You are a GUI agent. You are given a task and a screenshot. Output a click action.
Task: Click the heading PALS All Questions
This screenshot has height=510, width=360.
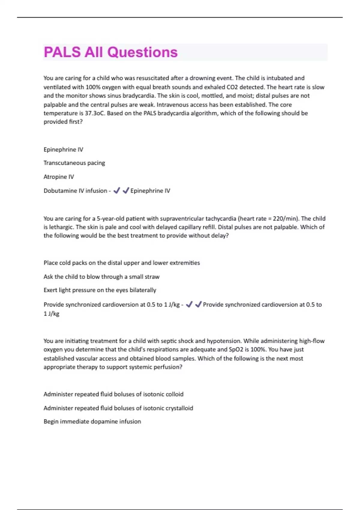111,52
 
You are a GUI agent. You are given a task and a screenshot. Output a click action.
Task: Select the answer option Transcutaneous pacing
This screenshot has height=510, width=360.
74,163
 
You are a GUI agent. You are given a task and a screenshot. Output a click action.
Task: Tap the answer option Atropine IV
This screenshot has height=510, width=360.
58,177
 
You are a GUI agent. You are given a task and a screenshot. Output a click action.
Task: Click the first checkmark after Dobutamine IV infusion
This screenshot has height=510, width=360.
117,190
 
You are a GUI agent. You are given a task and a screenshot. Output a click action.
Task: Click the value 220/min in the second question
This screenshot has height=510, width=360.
285,219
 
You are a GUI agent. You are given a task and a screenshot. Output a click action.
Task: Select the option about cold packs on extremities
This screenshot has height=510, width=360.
121,263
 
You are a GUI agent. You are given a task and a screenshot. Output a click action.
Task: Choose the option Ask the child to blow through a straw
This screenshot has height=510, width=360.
101,277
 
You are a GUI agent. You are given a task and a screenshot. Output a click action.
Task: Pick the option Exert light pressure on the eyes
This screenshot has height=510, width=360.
100,290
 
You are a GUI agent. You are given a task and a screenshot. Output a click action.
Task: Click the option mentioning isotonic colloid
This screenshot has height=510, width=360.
113,394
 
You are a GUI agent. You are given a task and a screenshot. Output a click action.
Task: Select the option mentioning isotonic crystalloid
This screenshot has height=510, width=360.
118,408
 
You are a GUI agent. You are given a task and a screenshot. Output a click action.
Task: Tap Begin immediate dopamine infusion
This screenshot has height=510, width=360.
92,421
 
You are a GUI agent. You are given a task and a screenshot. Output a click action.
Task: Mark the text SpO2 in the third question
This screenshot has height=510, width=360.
251,349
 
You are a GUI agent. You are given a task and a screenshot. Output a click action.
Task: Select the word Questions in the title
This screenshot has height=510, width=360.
142,52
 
